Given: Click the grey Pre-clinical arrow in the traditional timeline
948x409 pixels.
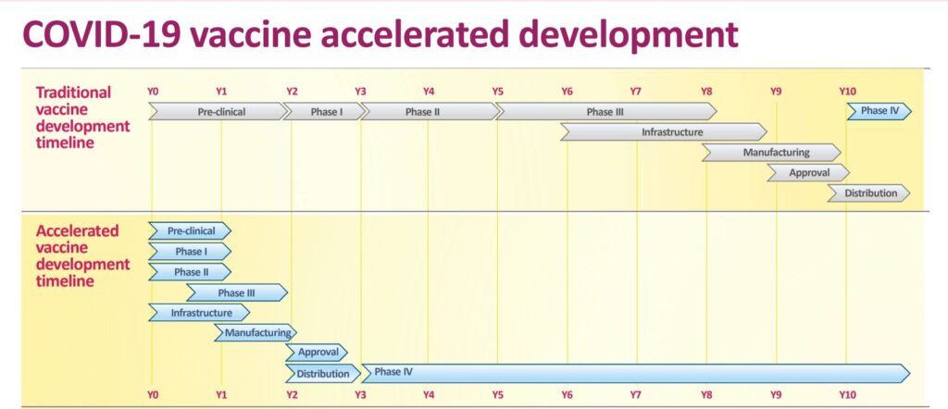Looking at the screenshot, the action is point(218,112).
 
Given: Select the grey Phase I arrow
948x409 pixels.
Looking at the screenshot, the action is point(325,112).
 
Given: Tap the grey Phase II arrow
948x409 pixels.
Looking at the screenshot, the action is point(430,112).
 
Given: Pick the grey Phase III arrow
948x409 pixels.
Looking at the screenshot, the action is point(606,112).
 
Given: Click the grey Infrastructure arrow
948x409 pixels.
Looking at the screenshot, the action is point(664,131).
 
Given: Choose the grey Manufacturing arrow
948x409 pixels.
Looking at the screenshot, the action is point(771,153).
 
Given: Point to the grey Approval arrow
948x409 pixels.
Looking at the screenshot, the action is point(809,173).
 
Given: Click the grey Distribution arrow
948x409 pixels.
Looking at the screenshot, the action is point(868,193).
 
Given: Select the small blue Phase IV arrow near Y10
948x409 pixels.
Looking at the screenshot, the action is point(879,112).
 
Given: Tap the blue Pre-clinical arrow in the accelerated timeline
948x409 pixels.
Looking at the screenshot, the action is point(190,230).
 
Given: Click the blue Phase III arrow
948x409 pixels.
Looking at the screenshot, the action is point(237,293).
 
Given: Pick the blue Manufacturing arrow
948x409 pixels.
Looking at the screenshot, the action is point(256,333).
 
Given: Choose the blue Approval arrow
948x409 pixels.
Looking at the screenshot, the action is point(317,353).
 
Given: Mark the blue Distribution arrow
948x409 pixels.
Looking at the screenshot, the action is point(323,373).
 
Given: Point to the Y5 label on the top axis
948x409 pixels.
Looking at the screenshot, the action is point(497,92).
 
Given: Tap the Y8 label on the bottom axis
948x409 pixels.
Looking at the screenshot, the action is point(706,395).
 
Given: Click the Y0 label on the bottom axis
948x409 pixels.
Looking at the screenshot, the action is point(153,395).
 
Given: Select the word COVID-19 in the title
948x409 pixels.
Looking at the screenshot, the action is point(97,35).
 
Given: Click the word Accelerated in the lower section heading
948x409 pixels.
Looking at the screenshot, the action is point(78,230).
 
